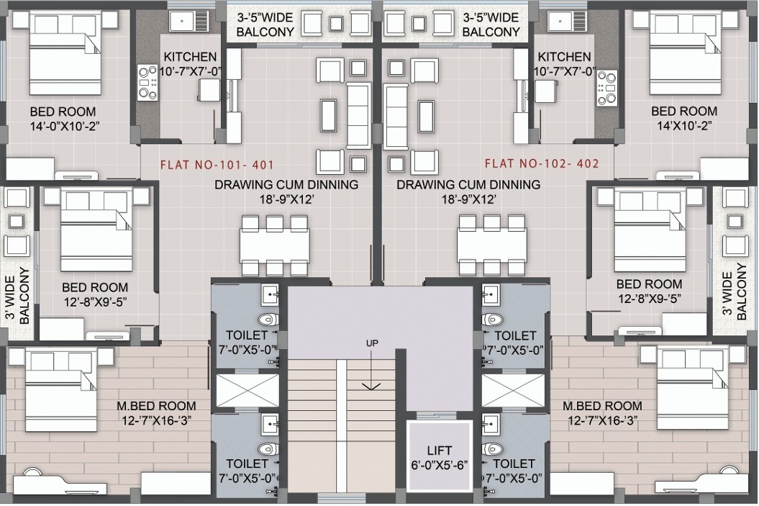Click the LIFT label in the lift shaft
pyautogui.click(x=440, y=450)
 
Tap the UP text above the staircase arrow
pyautogui.click(x=372, y=343)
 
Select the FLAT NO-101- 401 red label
pyautogui.click(x=217, y=165)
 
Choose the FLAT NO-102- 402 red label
pyautogui.click(x=542, y=163)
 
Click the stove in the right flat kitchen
pyautogui.click(x=607, y=87)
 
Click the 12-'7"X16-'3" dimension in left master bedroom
pyautogui.click(x=156, y=420)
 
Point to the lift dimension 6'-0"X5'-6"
pyautogui.click(x=440, y=465)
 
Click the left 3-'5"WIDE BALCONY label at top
pyautogui.click(x=265, y=24)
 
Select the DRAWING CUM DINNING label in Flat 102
pyautogui.click(x=468, y=184)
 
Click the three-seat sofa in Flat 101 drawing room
pyautogui.click(x=359, y=115)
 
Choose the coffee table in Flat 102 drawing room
pyautogui.click(x=426, y=115)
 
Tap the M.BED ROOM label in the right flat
pyautogui.click(x=602, y=406)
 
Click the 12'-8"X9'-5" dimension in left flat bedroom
pyautogui.click(x=95, y=302)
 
